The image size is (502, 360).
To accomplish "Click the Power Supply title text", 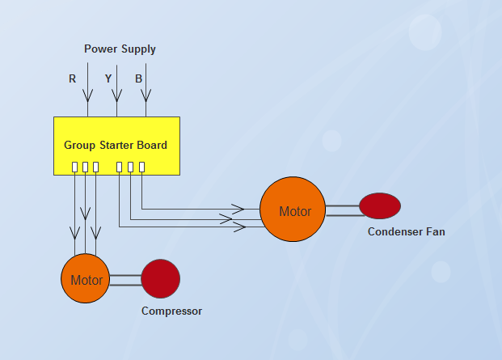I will coord(120,49).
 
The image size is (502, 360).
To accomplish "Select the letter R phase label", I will coord(73,79).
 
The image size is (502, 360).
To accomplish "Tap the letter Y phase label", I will coord(108,79).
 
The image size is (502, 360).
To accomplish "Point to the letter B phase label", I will coord(139,79).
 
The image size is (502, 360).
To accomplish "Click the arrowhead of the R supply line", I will coord(87,95).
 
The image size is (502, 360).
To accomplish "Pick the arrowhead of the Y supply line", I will coord(116,95).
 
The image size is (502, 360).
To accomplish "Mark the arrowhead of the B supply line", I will coord(146,95).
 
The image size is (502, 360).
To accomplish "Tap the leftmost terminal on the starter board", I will coord(74,167).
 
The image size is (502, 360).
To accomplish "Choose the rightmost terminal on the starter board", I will coord(141,167).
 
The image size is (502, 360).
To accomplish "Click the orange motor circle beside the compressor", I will coord(86,279).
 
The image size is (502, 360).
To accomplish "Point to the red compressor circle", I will coord(160,278).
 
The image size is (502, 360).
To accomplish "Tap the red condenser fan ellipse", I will coord(380,205).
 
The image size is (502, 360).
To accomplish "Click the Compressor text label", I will coord(171,311).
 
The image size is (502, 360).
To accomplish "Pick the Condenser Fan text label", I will coord(406,231).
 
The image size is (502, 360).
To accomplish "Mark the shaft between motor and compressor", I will coord(125,280).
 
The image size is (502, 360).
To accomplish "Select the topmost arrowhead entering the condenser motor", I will coord(238,208).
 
